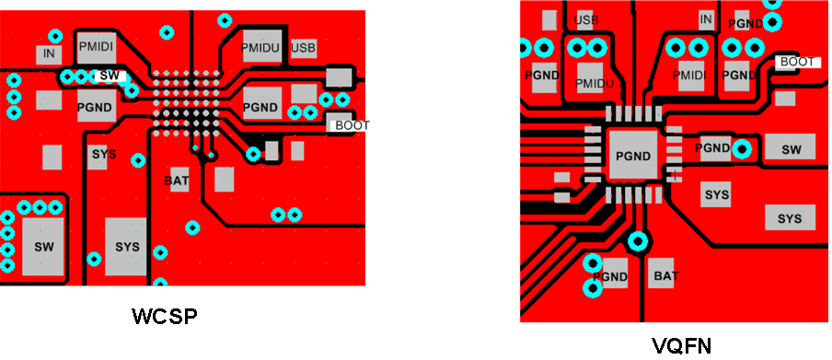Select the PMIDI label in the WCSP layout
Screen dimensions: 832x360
95,44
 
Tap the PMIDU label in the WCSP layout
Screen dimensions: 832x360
260,46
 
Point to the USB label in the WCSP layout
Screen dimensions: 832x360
303,47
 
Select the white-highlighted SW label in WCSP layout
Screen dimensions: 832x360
109,75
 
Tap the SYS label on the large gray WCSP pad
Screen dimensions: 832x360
127,247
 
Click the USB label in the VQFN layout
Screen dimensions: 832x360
588,20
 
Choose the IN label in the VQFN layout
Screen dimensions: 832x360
706,19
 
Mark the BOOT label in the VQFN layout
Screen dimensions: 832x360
797,62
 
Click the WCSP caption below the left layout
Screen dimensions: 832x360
166,318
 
